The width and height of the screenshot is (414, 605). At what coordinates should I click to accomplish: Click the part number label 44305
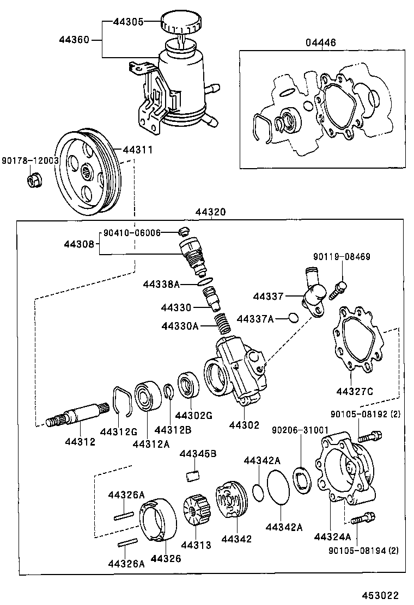tap(128, 22)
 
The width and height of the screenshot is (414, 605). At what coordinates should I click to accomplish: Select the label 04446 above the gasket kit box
tap(321, 43)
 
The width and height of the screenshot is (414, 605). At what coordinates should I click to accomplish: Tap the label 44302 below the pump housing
tap(245, 425)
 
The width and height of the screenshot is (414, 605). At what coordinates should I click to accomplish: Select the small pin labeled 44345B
tap(191, 476)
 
